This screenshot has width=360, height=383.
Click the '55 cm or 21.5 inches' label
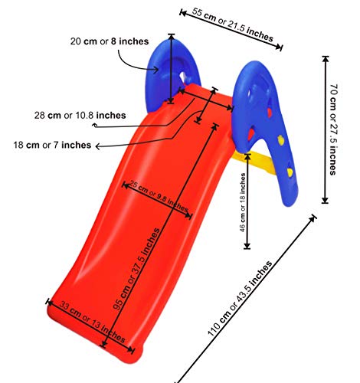[x=233, y=25]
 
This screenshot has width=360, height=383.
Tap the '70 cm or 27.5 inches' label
[x=332, y=129]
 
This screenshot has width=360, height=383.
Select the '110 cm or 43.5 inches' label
[x=240, y=298]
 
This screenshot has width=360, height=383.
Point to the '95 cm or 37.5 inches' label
[x=136, y=269]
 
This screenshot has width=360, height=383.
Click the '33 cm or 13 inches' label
[x=93, y=322]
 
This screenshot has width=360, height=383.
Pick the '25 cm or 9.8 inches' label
[x=159, y=196]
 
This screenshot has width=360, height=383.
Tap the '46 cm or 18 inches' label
[x=243, y=202]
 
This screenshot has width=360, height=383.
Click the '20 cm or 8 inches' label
[x=110, y=41]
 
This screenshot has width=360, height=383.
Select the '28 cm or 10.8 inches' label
[x=80, y=116]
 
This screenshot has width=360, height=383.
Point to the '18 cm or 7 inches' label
[x=52, y=146]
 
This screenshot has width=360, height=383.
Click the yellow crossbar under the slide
[x=258, y=162]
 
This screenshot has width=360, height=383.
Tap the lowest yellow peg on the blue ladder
[x=290, y=172]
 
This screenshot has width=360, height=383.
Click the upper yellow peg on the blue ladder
[x=280, y=140]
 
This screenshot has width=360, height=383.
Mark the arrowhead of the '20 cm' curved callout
[x=156, y=69]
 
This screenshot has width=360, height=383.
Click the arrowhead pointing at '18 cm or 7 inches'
[x=97, y=146]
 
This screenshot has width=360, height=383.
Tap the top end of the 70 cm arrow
[x=325, y=57]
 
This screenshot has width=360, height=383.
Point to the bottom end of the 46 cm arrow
[x=247, y=248]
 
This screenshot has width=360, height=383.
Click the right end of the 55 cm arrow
[x=281, y=47]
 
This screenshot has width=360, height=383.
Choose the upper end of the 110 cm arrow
[x=315, y=217]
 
